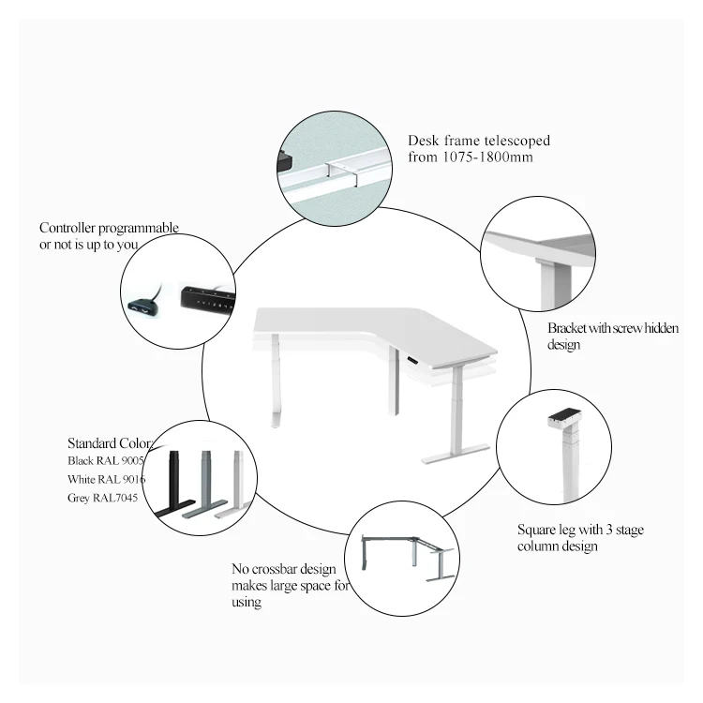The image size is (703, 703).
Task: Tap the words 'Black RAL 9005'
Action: (x=105, y=461)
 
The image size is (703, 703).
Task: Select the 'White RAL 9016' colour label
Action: (x=106, y=479)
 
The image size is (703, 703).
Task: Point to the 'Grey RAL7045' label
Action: (x=102, y=498)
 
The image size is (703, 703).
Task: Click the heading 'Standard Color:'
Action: (x=111, y=442)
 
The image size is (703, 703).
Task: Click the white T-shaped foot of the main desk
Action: (x=455, y=455)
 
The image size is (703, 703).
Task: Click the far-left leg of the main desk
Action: (x=276, y=394)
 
